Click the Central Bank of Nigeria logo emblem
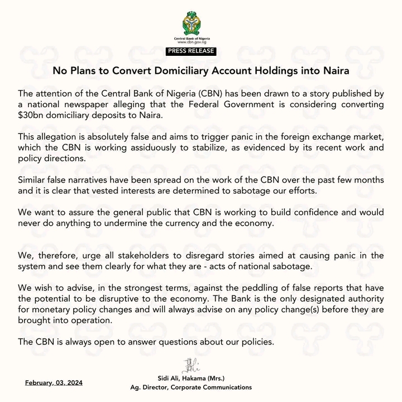[200, 24]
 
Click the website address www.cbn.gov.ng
[200, 42]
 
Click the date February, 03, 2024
[50, 382]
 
